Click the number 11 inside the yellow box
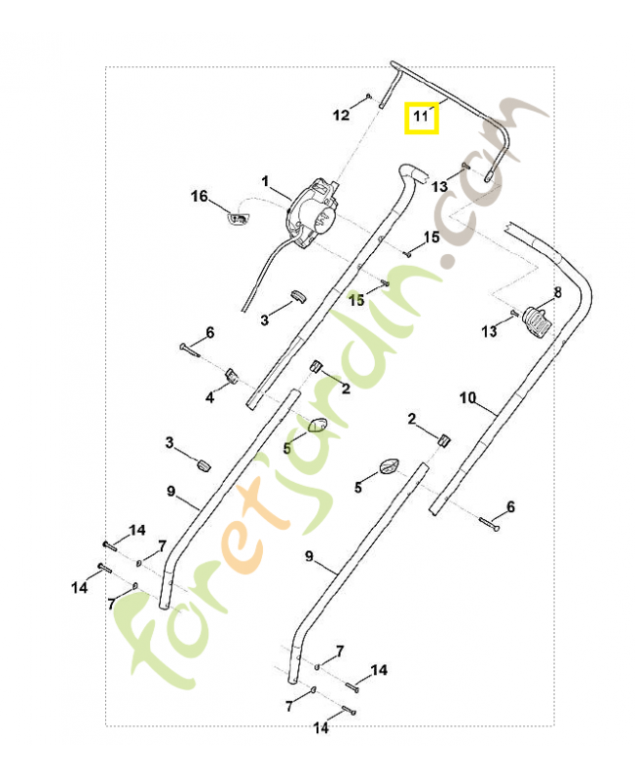(x=421, y=118)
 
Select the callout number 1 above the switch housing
(x=264, y=181)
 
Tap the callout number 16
(x=200, y=197)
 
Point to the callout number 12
(x=341, y=116)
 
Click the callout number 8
(x=557, y=291)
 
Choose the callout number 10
(x=467, y=397)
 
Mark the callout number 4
(x=209, y=397)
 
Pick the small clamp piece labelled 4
(x=232, y=375)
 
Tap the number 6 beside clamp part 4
(x=208, y=332)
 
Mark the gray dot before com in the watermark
(x=448, y=261)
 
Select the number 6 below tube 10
(x=509, y=507)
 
